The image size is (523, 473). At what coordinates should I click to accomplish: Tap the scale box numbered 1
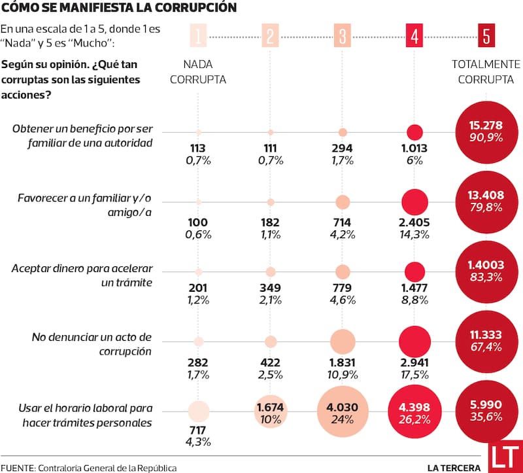click(x=199, y=36)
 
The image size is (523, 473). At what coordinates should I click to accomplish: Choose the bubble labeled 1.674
click(x=270, y=412)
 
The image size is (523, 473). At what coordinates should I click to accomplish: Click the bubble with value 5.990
click(x=485, y=412)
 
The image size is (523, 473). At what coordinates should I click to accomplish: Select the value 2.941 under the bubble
click(x=414, y=362)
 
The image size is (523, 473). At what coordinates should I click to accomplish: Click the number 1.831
click(x=343, y=362)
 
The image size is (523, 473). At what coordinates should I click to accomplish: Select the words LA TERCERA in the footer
click(x=454, y=468)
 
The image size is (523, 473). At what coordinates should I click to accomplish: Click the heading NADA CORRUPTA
click(x=204, y=72)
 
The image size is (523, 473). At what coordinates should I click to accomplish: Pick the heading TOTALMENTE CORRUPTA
click(x=485, y=72)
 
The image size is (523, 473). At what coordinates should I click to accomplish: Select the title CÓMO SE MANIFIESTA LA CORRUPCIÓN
click(x=110, y=9)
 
